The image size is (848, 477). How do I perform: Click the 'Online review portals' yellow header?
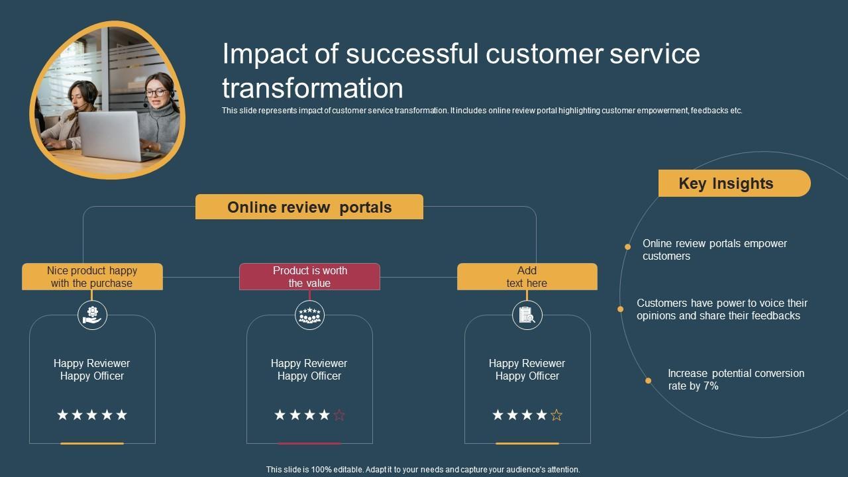(309, 207)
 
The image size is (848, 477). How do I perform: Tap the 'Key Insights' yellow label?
(733, 184)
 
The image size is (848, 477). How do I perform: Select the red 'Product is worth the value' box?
(309, 277)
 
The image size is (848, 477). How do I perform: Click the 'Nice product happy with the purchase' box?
(92, 277)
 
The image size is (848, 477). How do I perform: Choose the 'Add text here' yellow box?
(527, 277)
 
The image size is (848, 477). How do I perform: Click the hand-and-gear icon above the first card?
(92, 315)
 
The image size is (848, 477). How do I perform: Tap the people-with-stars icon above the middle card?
(309, 315)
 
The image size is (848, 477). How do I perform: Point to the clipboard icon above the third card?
(527, 315)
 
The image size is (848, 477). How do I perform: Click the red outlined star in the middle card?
(339, 415)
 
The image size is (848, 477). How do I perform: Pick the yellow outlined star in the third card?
(556, 415)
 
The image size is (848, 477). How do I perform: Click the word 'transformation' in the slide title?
(313, 88)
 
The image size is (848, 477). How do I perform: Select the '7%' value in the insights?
(710, 386)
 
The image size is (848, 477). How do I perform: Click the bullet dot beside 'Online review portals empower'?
(627, 247)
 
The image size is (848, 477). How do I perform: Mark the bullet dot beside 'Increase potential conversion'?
(648, 380)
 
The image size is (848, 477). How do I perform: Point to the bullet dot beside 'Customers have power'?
(620, 309)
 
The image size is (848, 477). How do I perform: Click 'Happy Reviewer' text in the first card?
(92, 363)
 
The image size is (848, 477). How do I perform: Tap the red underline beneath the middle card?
(309, 443)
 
